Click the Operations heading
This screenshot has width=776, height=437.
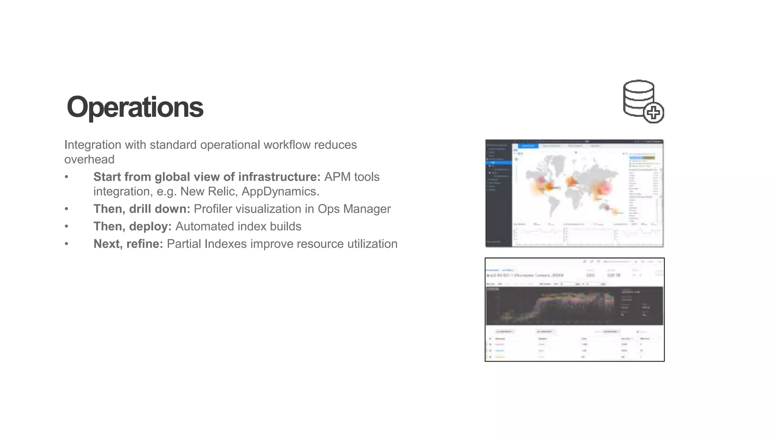point(135,107)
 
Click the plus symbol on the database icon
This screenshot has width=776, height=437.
point(653,113)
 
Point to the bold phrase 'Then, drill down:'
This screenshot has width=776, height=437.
point(142,209)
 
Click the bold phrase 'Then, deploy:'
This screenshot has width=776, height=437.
point(132,226)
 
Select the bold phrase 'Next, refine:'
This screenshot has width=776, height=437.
point(128,244)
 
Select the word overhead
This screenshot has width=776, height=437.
point(89,159)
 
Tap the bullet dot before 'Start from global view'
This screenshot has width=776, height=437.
point(67,177)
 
